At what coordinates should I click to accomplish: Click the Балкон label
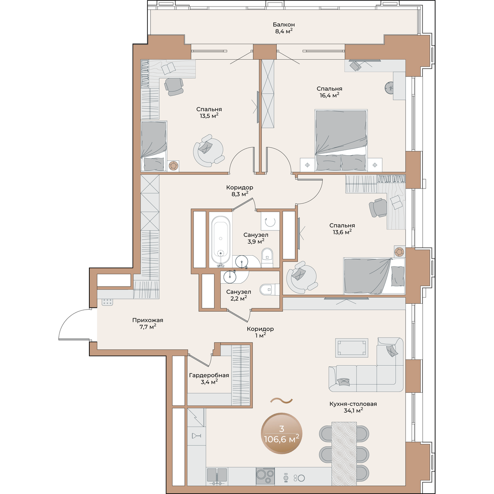(x=284, y=25)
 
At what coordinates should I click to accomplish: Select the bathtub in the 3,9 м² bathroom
(x=221, y=240)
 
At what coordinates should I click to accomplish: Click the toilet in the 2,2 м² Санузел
(x=269, y=289)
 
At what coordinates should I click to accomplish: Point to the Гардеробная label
(x=209, y=375)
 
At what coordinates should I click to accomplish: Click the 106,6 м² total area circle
(x=282, y=433)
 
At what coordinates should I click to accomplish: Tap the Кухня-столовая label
(x=353, y=404)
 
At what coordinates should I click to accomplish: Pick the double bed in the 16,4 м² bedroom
(x=341, y=140)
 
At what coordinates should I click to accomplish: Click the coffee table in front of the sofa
(x=352, y=347)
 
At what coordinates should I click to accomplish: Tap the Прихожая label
(x=148, y=320)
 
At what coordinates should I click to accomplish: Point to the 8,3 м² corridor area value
(x=240, y=194)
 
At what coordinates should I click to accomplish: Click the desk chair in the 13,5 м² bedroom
(x=174, y=86)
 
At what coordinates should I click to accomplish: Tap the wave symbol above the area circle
(x=282, y=400)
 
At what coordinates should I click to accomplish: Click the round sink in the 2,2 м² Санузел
(x=230, y=276)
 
